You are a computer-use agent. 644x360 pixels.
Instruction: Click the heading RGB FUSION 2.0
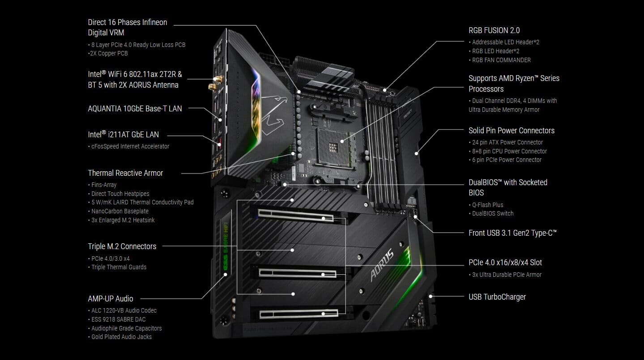pyautogui.click(x=494, y=30)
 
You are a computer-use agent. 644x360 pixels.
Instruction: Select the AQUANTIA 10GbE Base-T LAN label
pyautogui.click(x=135, y=108)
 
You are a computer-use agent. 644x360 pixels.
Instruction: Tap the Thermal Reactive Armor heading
pyautogui.click(x=125, y=173)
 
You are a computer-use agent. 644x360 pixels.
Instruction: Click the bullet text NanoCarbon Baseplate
pyautogui.click(x=120, y=211)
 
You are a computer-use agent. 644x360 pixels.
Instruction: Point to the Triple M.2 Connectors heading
pyautogui.click(x=122, y=246)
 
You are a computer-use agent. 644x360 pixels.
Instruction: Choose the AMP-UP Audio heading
pyautogui.click(x=111, y=299)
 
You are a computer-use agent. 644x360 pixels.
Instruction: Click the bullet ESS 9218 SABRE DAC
pyautogui.click(x=119, y=319)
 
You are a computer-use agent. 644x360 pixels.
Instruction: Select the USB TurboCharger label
pyautogui.click(x=497, y=297)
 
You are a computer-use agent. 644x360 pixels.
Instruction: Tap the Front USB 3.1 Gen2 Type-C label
pyautogui.click(x=512, y=233)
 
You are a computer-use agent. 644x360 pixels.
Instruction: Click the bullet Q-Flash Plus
pyautogui.click(x=488, y=205)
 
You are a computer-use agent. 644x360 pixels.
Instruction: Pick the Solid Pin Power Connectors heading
pyautogui.click(x=512, y=131)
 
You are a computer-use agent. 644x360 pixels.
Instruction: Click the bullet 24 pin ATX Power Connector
pyautogui.click(x=508, y=142)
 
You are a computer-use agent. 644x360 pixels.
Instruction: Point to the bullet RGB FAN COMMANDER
pyautogui.click(x=501, y=60)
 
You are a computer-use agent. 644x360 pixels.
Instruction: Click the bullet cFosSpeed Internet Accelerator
pyautogui.click(x=130, y=146)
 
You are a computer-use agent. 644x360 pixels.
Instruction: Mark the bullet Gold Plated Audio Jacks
pyautogui.click(x=121, y=337)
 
